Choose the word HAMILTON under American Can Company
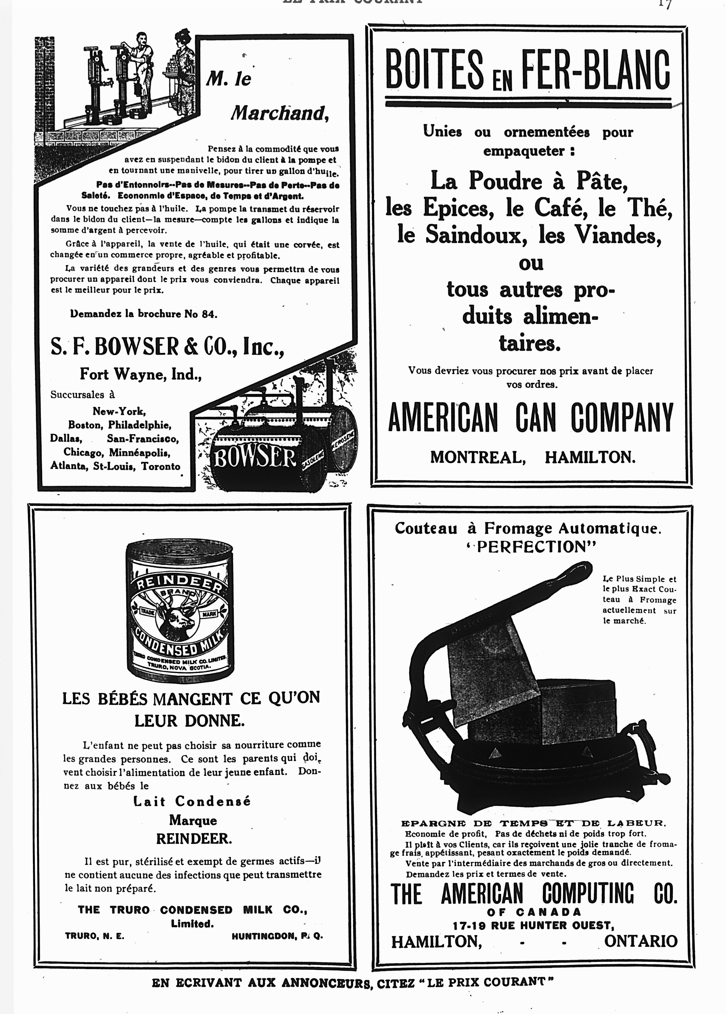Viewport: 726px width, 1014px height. point(590,457)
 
